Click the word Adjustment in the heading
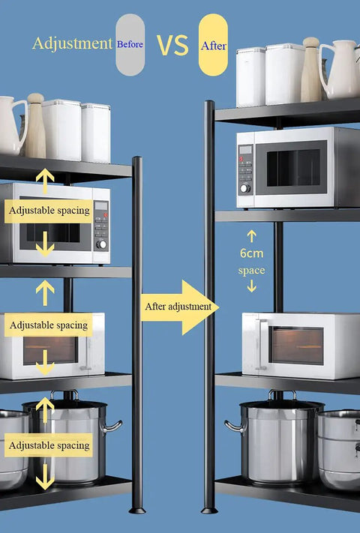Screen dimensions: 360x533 coord(72,43)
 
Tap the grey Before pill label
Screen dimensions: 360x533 coord(130,44)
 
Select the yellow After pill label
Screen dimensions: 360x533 coord(213,44)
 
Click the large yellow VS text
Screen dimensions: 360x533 coord(172,45)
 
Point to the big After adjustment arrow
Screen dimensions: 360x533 coord(179,307)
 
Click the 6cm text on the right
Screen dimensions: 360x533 coord(251,253)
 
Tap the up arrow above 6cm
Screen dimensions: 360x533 coord(251,236)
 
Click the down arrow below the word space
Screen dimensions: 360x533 coord(251,286)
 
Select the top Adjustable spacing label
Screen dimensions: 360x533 coord(49,211)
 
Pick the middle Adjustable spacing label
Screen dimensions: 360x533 coord(48,325)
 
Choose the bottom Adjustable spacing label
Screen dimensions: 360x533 coord(49,445)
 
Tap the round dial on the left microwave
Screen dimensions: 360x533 coord(101,244)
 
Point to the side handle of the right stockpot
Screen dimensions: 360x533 coord(235,427)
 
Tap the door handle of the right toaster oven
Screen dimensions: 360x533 coord(261,344)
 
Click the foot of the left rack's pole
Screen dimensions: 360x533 coord(137,511)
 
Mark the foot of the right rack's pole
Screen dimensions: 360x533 coord(209,511)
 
